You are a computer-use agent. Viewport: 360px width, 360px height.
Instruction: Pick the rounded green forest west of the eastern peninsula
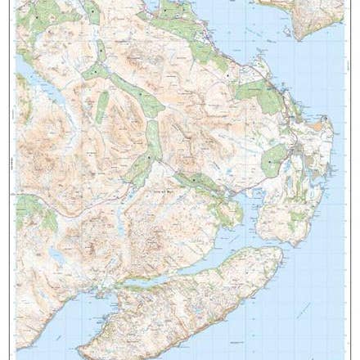273,159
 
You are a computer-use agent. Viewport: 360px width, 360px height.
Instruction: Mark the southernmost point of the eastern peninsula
282,243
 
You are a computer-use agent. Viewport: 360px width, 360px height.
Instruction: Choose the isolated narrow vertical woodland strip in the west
102,106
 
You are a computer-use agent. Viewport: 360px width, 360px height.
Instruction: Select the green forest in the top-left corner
41,16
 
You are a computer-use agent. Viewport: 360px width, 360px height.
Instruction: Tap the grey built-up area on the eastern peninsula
303,151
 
